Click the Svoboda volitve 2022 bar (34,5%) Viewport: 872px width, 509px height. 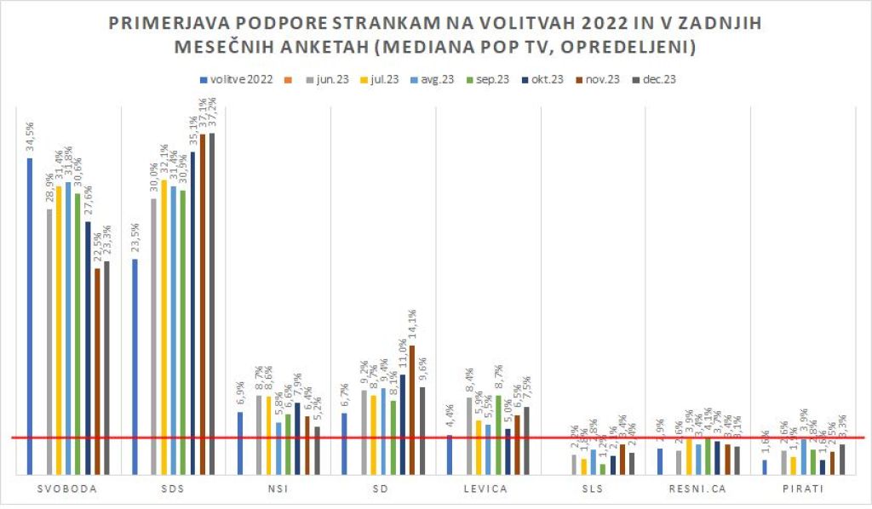[x=30, y=315]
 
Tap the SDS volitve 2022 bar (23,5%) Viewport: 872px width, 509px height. [x=135, y=366]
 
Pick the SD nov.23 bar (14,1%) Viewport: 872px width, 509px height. [x=412, y=409]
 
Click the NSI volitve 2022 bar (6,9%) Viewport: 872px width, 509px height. [x=240, y=443]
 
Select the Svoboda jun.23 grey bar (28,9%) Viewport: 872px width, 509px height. [x=49, y=340]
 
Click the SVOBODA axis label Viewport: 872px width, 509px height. [x=67, y=489]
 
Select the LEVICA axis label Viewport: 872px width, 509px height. [x=486, y=489]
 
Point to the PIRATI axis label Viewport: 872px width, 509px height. [x=800, y=489]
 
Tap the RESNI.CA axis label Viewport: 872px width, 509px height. [x=695, y=489]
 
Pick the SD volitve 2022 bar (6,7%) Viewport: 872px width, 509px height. [x=345, y=443]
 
